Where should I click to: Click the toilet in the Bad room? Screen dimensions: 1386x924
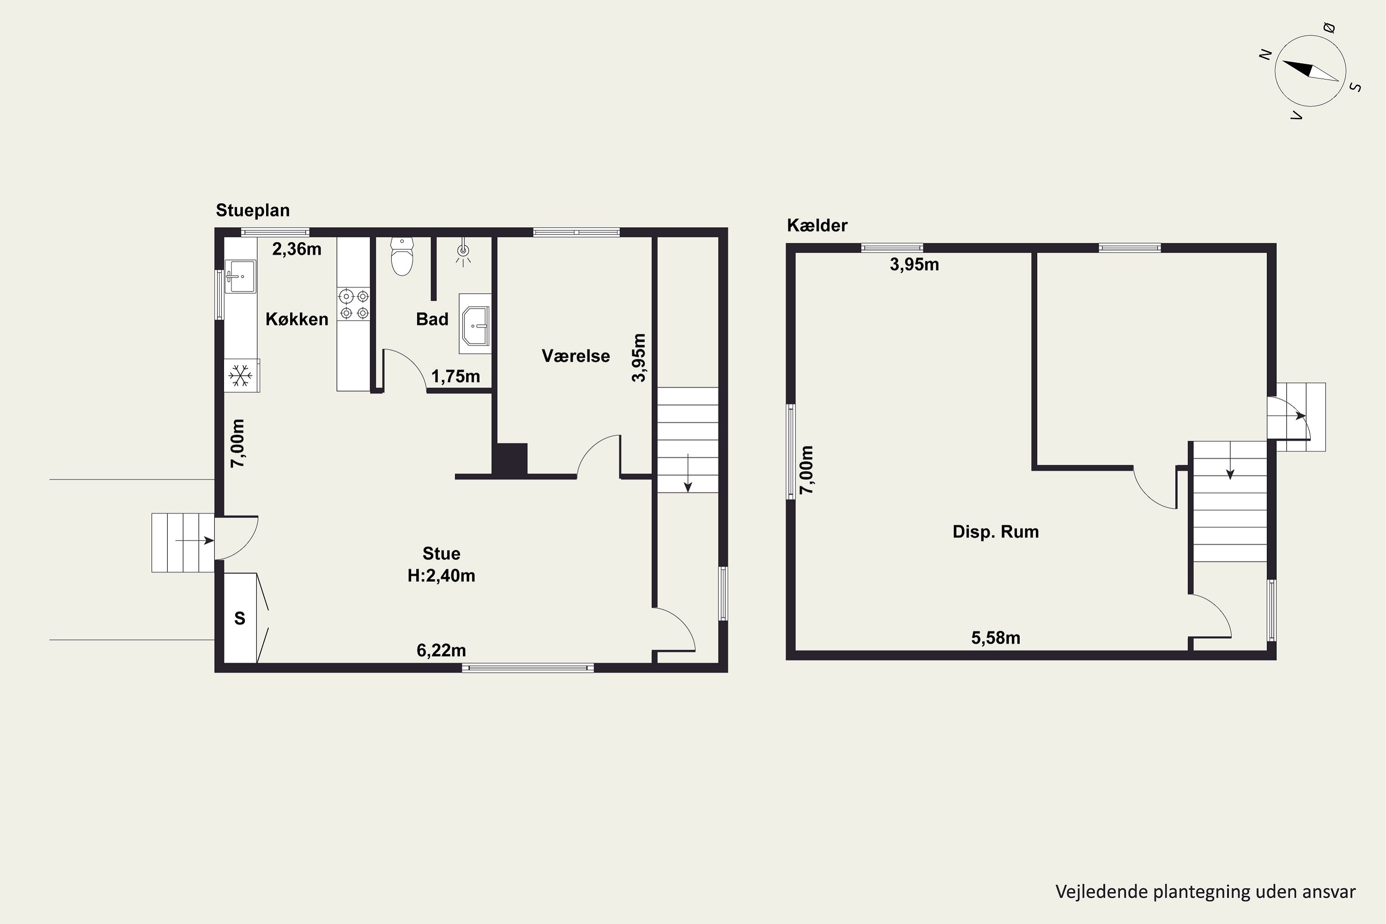click(402, 256)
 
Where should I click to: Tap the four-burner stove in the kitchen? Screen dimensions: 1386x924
click(353, 304)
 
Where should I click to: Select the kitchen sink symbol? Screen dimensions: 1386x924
click(240, 276)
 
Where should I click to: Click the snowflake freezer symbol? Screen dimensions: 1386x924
click(240, 375)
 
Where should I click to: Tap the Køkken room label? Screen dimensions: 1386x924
click(297, 319)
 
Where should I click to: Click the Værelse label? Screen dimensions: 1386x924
click(576, 356)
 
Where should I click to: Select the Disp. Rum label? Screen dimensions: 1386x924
click(996, 532)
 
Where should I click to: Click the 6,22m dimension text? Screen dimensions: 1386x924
click(441, 650)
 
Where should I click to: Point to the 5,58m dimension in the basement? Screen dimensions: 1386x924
click(996, 638)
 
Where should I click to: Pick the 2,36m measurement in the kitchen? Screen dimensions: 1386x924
click(297, 249)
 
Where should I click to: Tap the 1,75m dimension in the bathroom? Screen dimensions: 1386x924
click(456, 376)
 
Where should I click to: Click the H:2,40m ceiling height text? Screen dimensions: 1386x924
click(441, 576)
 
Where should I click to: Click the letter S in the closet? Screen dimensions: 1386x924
click(240, 618)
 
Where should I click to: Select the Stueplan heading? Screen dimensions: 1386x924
click(253, 210)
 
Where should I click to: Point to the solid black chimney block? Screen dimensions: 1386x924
click(510, 459)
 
